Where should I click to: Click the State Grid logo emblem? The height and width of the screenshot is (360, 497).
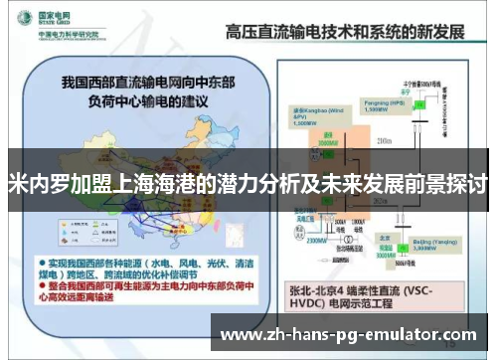point(19,23)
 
